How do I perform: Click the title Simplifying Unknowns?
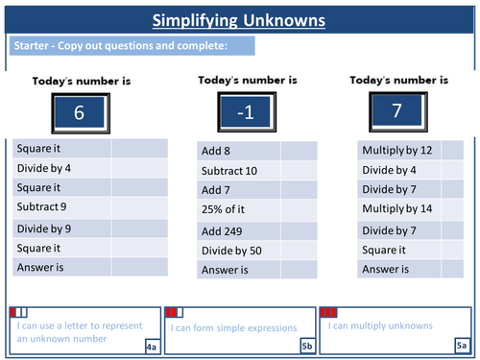coord(239,20)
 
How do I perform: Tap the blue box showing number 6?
coord(78,113)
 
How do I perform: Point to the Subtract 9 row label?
coord(42,206)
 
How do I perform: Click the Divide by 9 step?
coord(42,228)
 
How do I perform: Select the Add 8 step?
coord(219,150)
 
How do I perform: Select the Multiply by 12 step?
coord(396,150)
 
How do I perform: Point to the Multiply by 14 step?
coord(396,209)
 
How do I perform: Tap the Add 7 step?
coord(219,190)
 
